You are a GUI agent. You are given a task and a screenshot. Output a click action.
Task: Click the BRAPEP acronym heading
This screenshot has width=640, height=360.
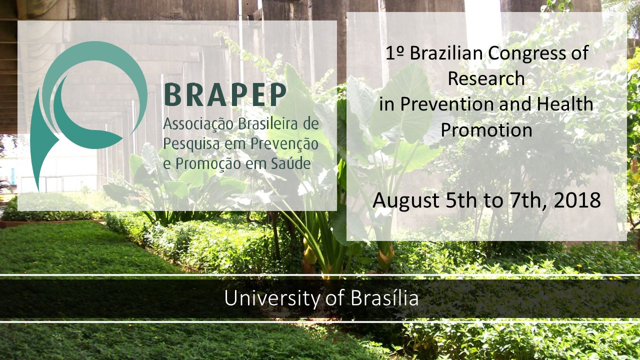[225, 95]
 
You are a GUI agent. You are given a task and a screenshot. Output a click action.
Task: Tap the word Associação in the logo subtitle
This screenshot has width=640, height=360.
[198, 124]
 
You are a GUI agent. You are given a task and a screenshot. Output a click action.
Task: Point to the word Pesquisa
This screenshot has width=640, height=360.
[191, 144]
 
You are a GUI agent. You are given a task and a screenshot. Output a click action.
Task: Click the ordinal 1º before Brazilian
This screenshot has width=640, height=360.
[394, 53]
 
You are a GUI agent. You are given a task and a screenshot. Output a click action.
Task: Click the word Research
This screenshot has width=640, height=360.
[486, 78]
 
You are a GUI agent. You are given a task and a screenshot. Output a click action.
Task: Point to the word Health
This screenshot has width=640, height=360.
[565, 103]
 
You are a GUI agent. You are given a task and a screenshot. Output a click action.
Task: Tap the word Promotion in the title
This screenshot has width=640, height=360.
[486, 130]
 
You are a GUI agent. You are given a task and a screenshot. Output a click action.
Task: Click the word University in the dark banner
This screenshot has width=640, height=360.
[272, 299]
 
